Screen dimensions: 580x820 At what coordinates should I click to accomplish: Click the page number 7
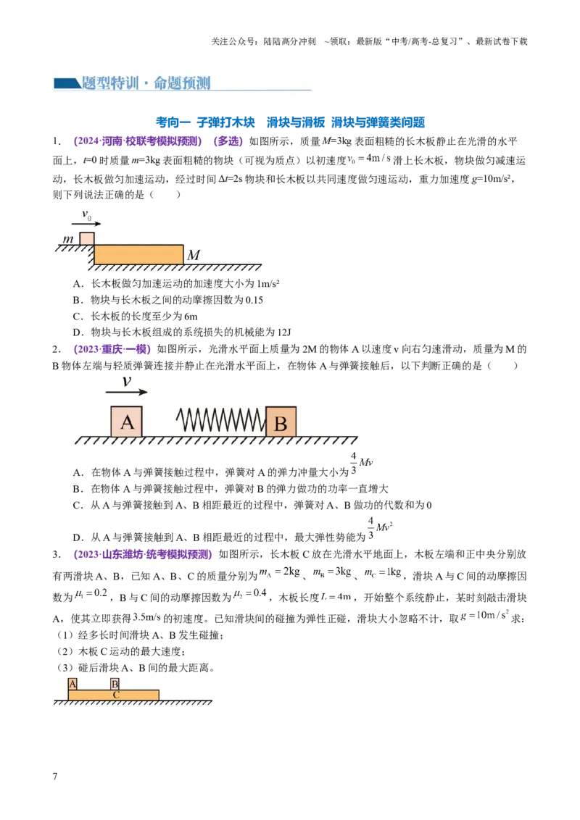tap(55, 776)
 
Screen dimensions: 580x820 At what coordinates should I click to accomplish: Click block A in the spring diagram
tap(126, 422)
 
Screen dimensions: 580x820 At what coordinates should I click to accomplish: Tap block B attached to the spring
tap(281, 422)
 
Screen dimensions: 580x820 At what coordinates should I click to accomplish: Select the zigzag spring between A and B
tap(220, 420)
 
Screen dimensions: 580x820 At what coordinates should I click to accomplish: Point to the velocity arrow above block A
tap(126, 392)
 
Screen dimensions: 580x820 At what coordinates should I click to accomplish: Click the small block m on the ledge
tap(87, 239)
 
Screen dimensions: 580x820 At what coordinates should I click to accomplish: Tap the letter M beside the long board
tap(193, 255)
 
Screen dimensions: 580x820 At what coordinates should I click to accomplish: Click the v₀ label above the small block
tap(86, 214)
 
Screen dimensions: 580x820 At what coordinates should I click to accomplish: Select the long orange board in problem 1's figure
tap(138, 254)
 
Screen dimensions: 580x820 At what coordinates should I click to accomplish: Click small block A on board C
tap(72, 684)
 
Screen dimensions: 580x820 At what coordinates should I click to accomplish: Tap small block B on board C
tap(115, 684)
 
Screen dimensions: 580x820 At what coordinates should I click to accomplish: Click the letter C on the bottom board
tap(116, 695)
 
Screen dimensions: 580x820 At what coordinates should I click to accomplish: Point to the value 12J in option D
tap(284, 332)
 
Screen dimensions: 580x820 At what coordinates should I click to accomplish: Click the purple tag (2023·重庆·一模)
tap(112, 349)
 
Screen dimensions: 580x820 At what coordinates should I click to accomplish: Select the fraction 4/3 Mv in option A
tap(362, 463)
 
